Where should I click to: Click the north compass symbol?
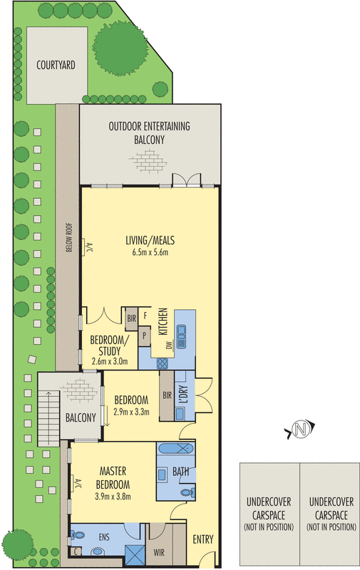tap(301, 430)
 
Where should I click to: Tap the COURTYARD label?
tap(56, 64)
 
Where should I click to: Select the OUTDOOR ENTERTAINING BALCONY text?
tap(149, 133)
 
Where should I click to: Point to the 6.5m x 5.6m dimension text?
tap(149, 252)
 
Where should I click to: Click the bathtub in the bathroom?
tap(175, 450)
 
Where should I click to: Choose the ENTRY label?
tap(203, 540)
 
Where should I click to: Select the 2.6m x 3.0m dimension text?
tap(110, 361)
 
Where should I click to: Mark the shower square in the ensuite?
tap(133, 552)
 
